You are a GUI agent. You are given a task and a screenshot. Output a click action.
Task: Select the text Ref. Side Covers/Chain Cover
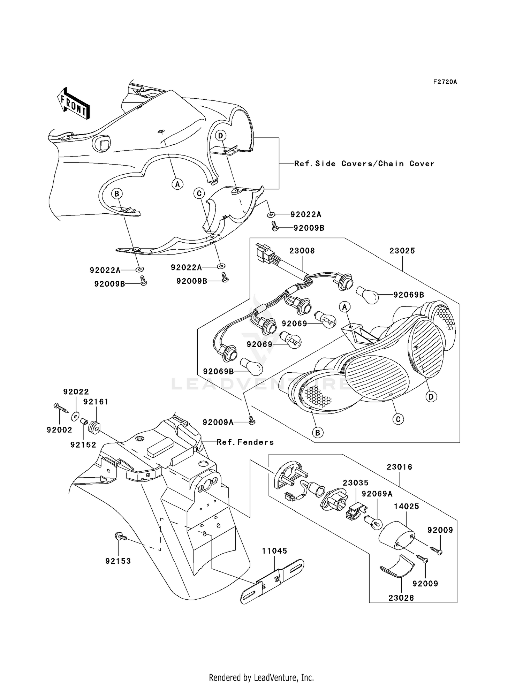coord(364,164)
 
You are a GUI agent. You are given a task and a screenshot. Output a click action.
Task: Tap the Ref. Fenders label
coord(245,442)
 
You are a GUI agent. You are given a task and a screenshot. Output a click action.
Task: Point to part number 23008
coord(302,251)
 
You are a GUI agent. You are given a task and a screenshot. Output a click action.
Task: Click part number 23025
coord(402,251)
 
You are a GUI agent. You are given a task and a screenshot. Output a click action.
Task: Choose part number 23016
coord(399,467)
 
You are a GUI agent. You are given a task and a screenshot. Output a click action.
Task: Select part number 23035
coord(355,483)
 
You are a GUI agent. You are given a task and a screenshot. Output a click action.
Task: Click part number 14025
coord(407,506)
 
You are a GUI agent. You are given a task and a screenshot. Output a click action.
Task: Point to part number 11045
coord(275,551)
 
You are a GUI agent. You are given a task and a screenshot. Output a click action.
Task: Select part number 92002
coord(60,430)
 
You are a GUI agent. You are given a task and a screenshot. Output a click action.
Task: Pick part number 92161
coord(96,402)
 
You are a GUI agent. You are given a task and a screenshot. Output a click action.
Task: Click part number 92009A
coord(218,422)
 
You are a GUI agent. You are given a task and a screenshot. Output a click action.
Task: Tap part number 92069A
coord(377,494)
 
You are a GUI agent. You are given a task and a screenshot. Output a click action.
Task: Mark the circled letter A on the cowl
coord(177,184)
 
